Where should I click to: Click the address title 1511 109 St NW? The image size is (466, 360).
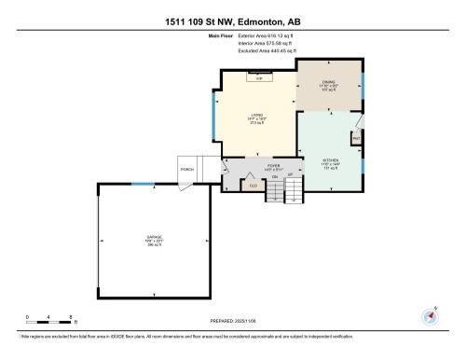(232, 21)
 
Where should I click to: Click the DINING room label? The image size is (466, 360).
(329, 85)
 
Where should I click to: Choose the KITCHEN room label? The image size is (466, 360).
(328, 161)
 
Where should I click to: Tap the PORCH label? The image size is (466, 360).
(186, 170)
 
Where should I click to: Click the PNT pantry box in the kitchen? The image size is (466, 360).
(356, 138)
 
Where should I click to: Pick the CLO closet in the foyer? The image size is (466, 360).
(249, 185)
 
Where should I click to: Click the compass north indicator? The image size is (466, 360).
(430, 314)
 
